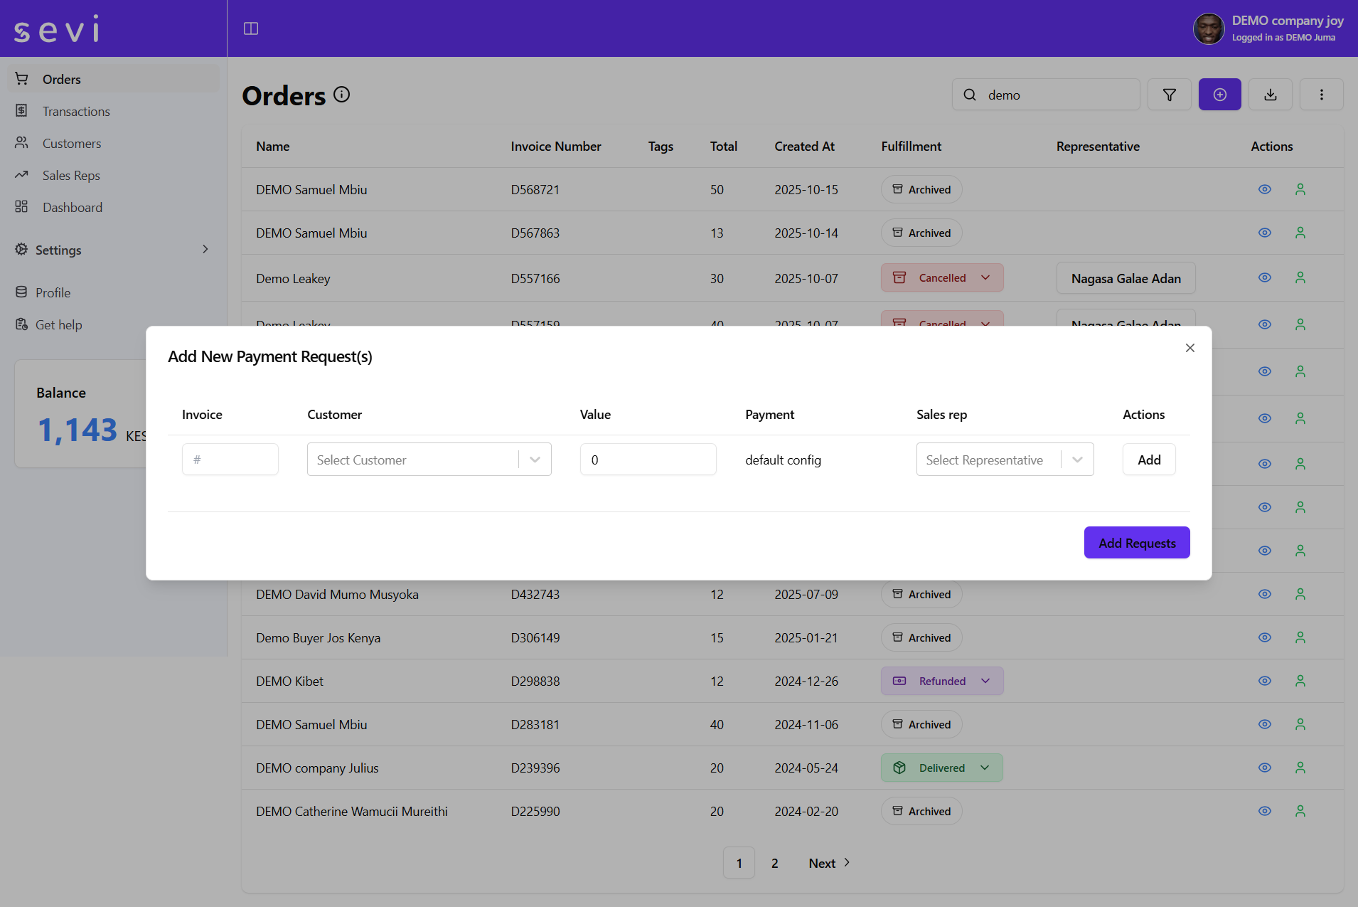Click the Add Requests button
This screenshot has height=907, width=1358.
click(x=1136, y=543)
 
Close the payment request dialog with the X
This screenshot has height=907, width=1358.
click(x=1189, y=348)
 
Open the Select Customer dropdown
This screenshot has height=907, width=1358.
click(x=429, y=460)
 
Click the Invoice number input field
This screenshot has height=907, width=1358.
click(x=230, y=460)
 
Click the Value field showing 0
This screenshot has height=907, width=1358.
click(x=648, y=460)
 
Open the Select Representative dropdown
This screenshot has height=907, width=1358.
click(x=1004, y=460)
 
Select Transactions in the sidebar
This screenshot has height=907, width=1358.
click(x=76, y=112)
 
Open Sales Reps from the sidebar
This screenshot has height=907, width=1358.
click(x=71, y=176)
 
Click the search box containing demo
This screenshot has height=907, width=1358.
click(x=1052, y=95)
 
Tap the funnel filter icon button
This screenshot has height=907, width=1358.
click(x=1169, y=95)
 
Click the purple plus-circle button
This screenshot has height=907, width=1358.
click(x=1219, y=95)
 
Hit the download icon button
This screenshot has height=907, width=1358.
click(x=1270, y=95)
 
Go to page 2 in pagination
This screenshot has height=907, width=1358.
click(x=774, y=863)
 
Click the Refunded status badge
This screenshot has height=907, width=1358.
click(x=941, y=681)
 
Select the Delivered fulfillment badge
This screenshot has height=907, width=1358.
click(x=941, y=768)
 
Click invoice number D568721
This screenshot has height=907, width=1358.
click(x=535, y=190)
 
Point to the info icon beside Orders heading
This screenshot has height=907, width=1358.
click(x=342, y=95)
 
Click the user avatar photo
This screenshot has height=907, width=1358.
click(x=1208, y=28)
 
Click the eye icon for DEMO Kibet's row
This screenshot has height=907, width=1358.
click(x=1264, y=681)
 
